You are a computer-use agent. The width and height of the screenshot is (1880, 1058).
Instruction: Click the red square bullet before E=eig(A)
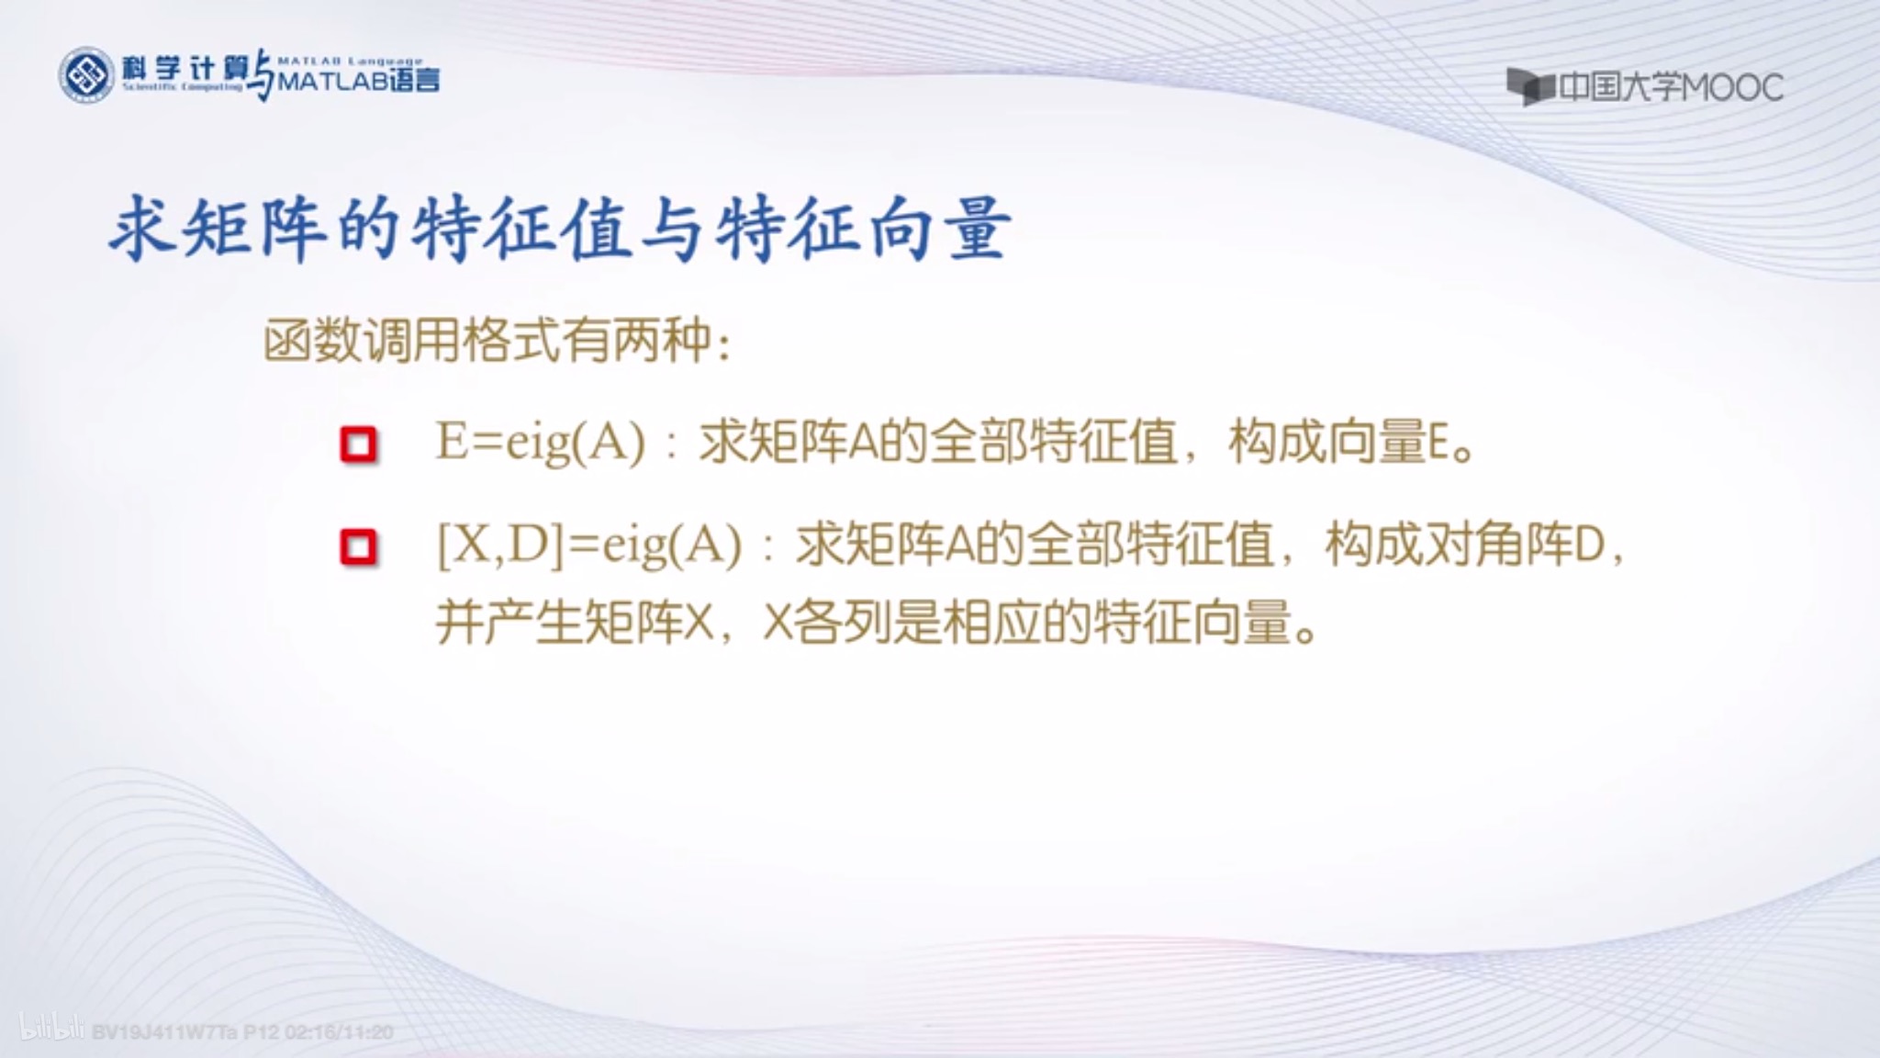tap(359, 445)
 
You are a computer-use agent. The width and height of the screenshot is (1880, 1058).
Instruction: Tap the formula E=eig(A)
tap(541, 443)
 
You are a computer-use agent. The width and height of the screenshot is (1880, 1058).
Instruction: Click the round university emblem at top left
tap(86, 74)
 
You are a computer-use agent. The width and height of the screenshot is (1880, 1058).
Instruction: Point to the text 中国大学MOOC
tap(1671, 87)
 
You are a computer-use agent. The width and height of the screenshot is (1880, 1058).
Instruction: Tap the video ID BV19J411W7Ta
tap(164, 1032)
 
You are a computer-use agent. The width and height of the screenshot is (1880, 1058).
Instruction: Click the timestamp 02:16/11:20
tap(339, 1032)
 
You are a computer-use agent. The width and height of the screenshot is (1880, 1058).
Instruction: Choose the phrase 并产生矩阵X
tap(575, 624)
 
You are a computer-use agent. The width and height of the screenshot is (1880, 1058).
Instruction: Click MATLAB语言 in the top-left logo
tap(358, 82)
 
